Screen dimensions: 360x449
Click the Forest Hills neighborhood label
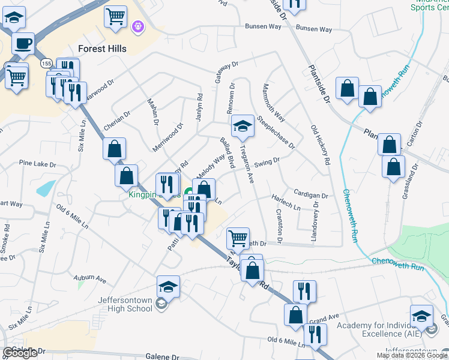tap(102, 49)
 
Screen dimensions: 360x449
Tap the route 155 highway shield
tap(46, 63)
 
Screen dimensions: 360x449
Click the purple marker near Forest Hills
tap(138, 26)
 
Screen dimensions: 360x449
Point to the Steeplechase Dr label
tap(276, 133)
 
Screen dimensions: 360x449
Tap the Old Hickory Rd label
tap(320, 145)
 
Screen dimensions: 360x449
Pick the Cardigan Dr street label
tap(311, 195)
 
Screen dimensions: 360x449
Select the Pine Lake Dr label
tap(37, 163)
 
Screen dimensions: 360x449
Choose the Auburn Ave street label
tap(89, 279)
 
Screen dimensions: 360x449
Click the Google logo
tap(20, 353)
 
